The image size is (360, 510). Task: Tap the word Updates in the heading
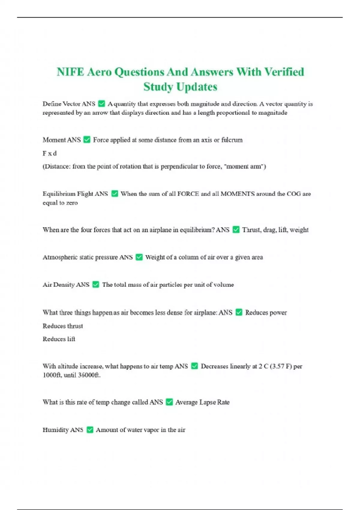point(196,87)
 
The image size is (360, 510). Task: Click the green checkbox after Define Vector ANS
point(102,104)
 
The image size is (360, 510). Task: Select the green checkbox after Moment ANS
point(87,140)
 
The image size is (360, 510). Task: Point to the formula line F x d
point(49,153)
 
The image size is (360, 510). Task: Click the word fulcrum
point(232,140)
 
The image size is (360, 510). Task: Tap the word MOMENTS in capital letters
point(238,194)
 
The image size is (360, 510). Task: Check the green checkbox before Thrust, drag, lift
point(236,230)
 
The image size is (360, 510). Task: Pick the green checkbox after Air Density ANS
point(96,285)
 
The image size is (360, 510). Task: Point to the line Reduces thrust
point(63,326)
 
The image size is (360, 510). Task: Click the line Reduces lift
point(59,339)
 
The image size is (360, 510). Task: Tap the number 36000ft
point(89,375)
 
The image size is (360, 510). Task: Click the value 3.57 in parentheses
point(277,366)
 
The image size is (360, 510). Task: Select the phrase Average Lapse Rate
point(202,402)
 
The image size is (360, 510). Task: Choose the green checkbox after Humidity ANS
point(90,430)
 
